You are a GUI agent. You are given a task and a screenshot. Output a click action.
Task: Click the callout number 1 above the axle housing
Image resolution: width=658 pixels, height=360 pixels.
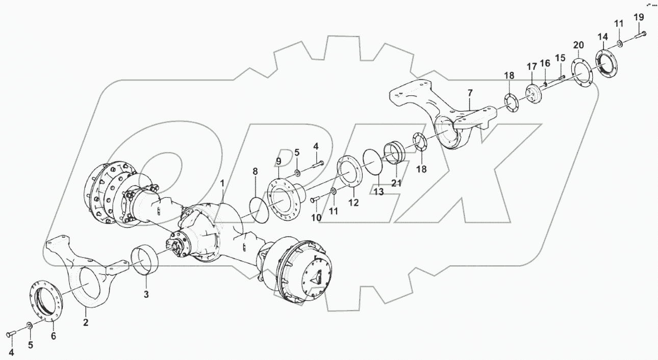pos(222,183)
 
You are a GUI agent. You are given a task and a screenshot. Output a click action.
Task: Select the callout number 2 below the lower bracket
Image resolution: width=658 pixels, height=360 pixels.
pos(86,322)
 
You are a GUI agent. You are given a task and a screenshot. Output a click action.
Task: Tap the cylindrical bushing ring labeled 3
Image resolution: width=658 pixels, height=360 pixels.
pos(146,260)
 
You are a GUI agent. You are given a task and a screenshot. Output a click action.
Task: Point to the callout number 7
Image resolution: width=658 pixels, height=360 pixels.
pos(470,93)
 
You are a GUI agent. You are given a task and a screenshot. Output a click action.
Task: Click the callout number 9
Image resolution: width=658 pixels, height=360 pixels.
pos(279,162)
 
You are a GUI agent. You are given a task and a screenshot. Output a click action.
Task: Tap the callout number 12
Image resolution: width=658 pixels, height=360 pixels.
pos(353,202)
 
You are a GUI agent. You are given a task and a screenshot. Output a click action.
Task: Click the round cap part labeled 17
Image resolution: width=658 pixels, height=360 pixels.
pos(534,95)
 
